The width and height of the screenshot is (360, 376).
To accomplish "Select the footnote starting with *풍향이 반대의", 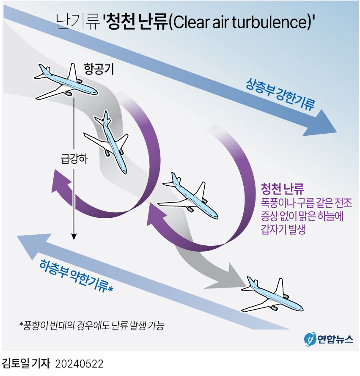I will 91,326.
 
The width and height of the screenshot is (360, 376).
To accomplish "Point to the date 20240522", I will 80,364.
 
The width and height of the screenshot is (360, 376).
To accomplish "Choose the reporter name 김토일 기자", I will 26,364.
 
